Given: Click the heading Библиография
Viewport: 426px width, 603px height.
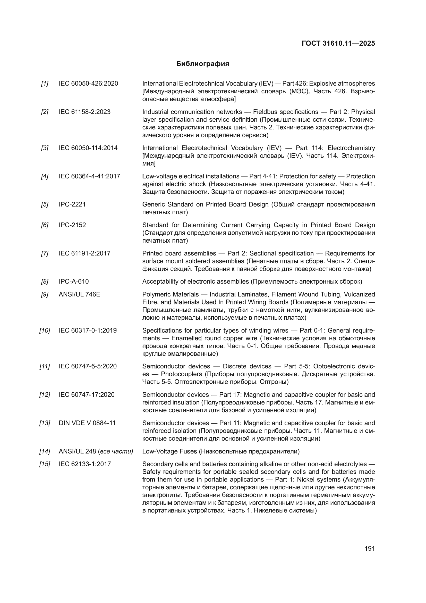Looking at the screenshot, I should (x=202, y=64).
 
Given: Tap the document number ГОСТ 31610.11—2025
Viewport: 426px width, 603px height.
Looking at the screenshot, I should (x=338, y=43).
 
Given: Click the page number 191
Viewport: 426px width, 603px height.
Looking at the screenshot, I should (x=369, y=548).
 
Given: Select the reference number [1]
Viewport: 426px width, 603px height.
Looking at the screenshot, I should (x=45, y=84).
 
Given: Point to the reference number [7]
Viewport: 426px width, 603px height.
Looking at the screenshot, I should (x=45, y=253).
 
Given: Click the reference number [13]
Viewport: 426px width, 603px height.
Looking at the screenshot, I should (x=45, y=423).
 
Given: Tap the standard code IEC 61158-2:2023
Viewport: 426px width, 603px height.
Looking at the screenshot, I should (x=84, y=112).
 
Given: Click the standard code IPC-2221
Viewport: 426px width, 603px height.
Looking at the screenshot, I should (x=72, y=204).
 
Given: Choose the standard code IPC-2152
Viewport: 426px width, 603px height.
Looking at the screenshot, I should (x=72, y=225).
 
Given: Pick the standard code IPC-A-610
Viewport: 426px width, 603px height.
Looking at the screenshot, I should (x=74, y=282).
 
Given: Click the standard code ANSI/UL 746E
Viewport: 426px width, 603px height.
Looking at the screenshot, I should (x=80, y=294).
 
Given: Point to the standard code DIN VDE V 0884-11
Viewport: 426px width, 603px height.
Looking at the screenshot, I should (x=87, y=423).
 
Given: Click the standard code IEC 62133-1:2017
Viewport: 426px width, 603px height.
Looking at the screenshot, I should (x=85, y=464).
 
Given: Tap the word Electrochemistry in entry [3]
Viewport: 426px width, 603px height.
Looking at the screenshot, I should (x=351, y=148).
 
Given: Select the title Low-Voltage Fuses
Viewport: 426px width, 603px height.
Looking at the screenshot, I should (x=169, y=451).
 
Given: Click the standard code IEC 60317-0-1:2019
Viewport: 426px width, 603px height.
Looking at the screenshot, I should (x=88, y=331).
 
